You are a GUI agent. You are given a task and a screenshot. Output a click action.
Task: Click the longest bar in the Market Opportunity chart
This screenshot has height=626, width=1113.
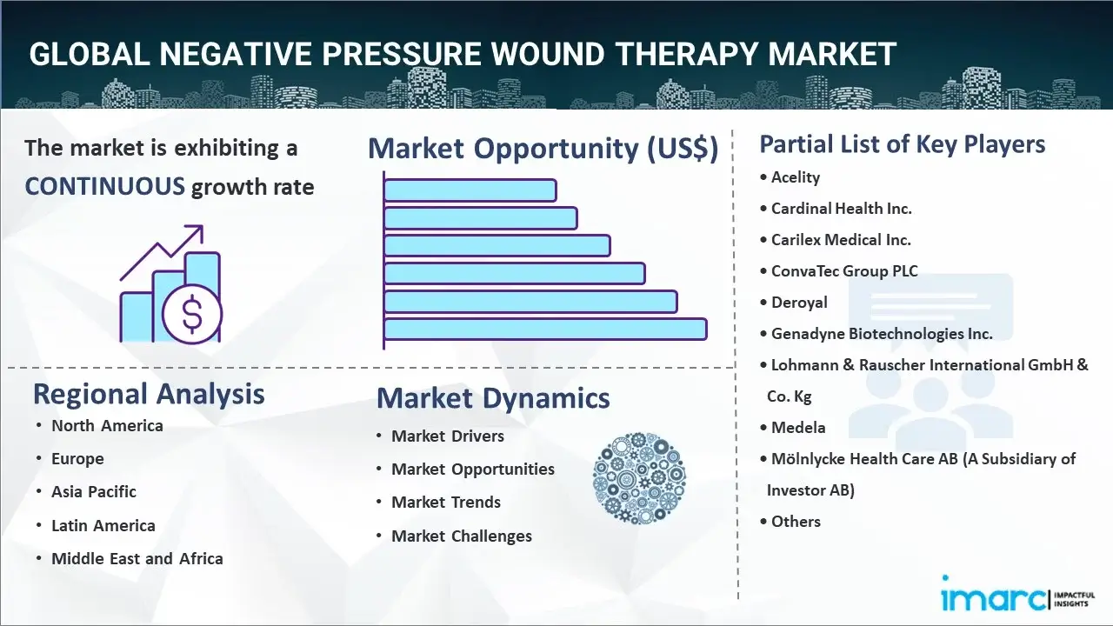(545, 329)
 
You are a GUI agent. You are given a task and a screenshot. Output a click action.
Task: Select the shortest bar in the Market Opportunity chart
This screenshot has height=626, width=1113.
(470, 190)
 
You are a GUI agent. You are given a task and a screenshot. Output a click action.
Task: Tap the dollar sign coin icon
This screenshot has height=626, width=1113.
(192, 314)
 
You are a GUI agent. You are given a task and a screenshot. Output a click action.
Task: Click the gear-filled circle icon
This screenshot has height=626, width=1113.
(639, 478)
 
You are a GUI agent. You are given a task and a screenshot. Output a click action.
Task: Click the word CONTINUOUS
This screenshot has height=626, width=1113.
(104, 186)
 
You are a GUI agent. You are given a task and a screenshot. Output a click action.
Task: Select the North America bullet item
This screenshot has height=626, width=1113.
(107, 425)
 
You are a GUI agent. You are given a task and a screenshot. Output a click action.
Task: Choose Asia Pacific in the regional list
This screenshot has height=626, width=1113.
(94, 491)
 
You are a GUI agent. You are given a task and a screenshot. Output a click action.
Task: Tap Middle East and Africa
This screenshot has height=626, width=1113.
(137, 558)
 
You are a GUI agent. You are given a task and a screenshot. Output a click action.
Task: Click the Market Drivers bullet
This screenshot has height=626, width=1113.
(448, 436)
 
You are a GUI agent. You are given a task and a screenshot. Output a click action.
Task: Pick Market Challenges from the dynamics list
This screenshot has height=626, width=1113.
(462, 536)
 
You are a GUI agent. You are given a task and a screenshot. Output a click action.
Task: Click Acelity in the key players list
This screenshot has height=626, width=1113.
(796, 177)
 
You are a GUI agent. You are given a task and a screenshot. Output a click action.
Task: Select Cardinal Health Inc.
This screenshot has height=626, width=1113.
(841, 209)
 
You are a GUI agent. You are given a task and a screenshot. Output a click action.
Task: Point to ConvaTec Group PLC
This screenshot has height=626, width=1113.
(844, 271)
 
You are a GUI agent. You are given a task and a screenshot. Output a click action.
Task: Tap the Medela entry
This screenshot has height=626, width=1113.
(798, 428)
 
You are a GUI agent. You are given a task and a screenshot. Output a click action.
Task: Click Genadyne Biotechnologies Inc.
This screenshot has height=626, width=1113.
(882, 334)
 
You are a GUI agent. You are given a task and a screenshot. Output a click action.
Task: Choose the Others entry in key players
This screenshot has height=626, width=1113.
(796, 522)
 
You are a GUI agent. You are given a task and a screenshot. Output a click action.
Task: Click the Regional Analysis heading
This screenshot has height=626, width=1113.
(149, 394)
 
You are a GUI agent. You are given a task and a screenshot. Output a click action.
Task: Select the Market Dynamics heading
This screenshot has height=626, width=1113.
(493, 398)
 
